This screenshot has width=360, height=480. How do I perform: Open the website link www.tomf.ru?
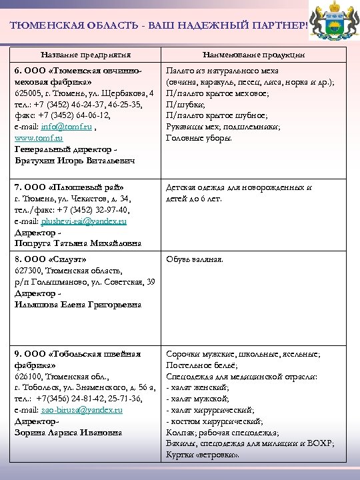[x=39, y=137]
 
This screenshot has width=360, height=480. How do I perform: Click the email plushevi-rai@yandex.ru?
[x=84, y=219]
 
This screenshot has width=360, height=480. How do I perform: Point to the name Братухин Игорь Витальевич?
[x=74, y=160]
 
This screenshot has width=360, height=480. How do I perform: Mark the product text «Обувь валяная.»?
[x=195, y=259]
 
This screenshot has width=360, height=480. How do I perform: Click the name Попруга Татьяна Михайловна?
[x=77, y=243]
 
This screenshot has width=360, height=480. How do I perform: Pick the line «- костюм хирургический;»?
[x=213, y=421]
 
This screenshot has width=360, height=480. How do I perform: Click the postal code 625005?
[x=27, y=92]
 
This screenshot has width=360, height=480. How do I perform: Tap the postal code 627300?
[x=28, y=270]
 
